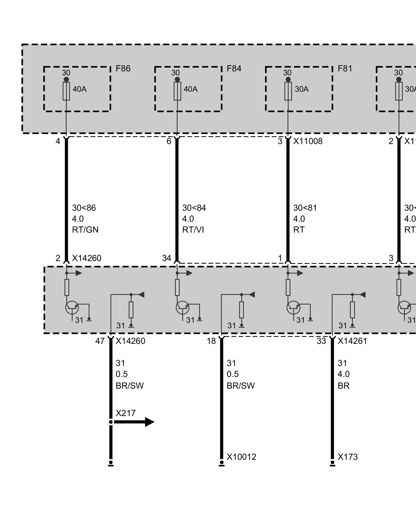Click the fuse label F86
[123, 69]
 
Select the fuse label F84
[234, 69]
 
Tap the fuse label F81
[345, 69]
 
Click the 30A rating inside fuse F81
[302, 89]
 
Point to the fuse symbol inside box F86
[66, 91]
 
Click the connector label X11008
[308, 141]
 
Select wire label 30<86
[84, 208]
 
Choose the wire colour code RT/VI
[193, 230]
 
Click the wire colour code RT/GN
[85, 230]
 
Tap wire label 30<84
[194, 208]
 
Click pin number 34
[167, 258]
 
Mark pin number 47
[100, 341]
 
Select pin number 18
[211, 341]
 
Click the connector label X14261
[352, 341]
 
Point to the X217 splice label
[126, 413]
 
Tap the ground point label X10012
[242, 457]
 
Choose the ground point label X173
[348, 457]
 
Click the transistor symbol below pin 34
[183, 308]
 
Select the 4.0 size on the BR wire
[343, 374]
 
